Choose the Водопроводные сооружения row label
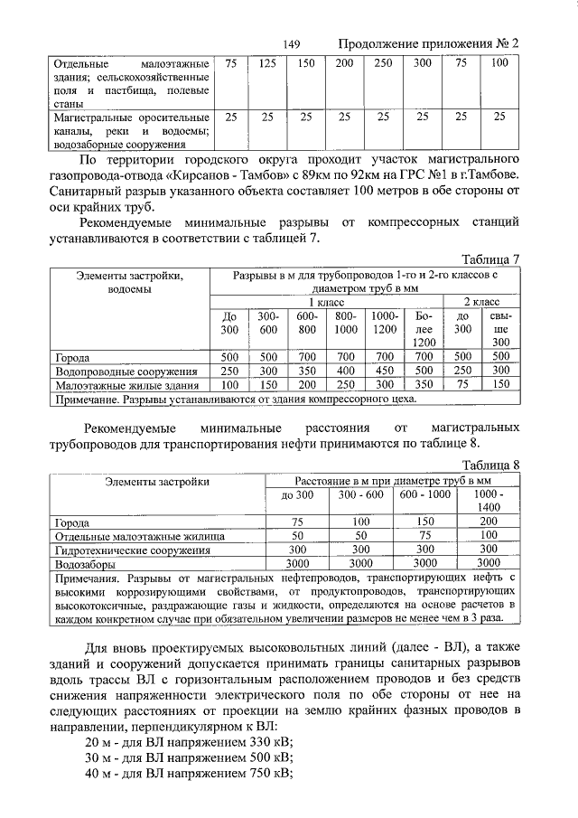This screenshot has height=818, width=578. pos(126,371)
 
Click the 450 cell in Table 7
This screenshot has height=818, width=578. pos(385,371)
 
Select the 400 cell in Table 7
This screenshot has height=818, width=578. pos(345,371)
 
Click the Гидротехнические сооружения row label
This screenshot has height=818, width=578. pos(133,550)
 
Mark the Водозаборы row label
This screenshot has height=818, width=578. pos(82,562)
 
